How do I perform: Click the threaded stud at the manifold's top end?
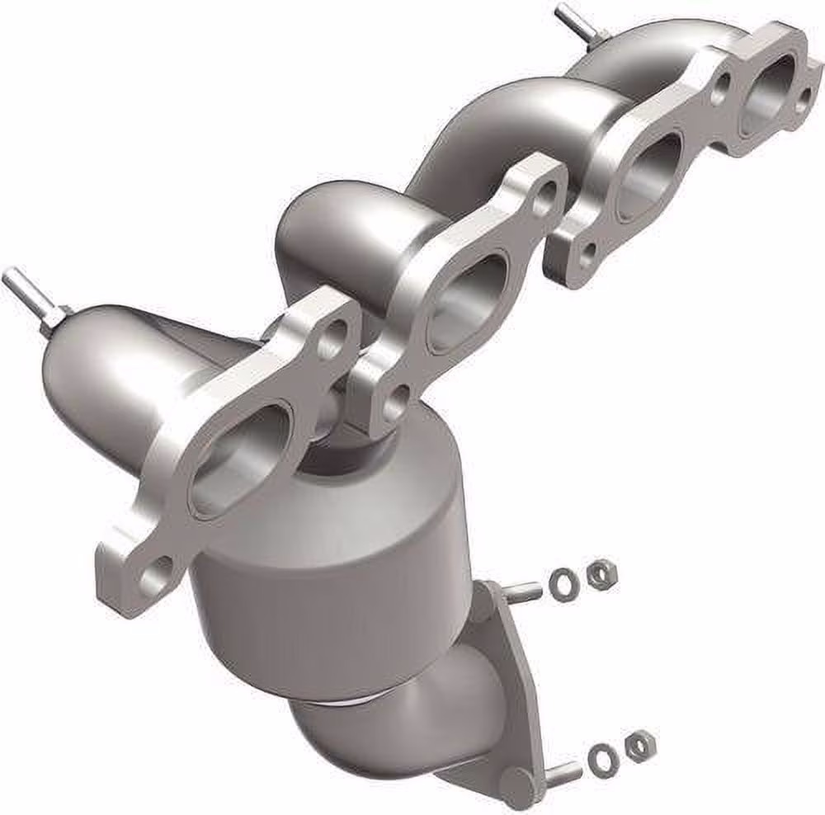click(570, 18)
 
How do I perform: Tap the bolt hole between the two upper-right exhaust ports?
click(720, 86)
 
